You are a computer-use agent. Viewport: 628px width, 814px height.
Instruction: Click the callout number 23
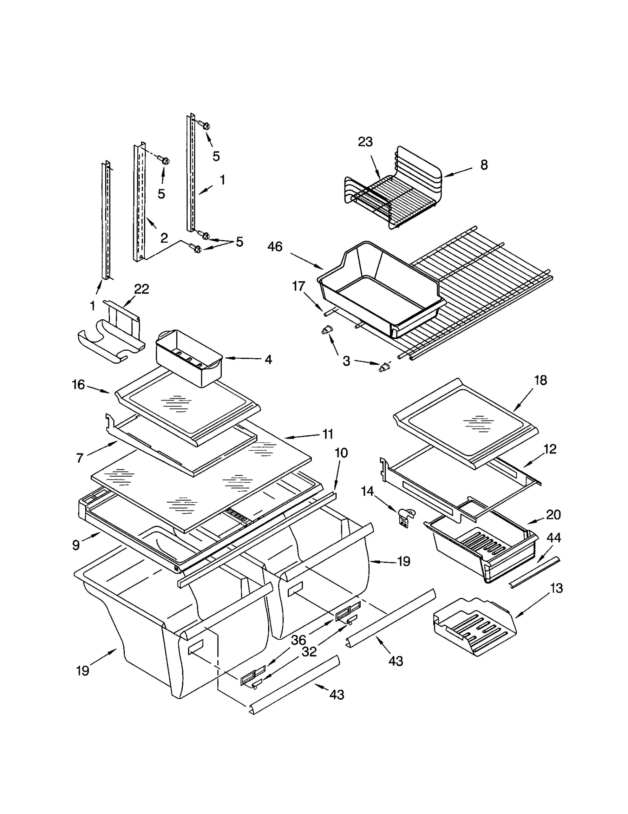(365, 142)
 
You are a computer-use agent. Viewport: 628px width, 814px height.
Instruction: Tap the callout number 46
(275, 247)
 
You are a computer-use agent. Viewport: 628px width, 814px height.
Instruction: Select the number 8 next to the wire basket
(484, 165)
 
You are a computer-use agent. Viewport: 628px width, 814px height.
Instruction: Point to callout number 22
(142, 289)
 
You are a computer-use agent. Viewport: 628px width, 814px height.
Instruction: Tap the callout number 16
(78, 385)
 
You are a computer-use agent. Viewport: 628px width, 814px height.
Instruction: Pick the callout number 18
(540, 380)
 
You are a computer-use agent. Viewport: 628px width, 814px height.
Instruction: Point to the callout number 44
(554, 538)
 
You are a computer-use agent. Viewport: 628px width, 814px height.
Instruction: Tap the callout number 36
(298, 640)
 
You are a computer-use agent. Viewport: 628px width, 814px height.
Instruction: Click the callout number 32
(309, 652)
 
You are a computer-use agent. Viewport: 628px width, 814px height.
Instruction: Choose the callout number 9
(76, 545)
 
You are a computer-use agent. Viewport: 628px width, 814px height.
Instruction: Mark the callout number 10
(341, 453)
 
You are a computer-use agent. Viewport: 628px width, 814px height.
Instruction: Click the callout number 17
(299, 286)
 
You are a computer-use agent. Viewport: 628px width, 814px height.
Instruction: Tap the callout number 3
(346, 361)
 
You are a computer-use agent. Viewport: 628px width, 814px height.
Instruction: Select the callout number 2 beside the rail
(164, 238)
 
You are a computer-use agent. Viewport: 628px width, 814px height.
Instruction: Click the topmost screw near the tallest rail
(205, 126)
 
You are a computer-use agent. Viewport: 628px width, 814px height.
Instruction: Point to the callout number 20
(553, 515)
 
